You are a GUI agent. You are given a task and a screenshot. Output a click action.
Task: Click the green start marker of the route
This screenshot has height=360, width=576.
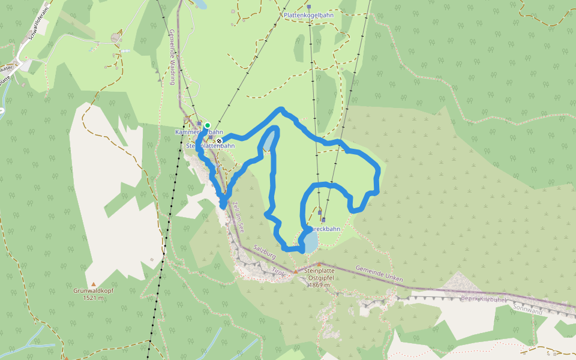pos(208,125)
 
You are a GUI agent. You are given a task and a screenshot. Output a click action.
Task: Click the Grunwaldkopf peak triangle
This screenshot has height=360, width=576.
pos(94,284)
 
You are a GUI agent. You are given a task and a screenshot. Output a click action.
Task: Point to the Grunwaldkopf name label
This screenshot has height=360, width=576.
pos(94,291)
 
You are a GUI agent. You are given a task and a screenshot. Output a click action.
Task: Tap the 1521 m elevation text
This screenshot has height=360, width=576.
pos(94,298)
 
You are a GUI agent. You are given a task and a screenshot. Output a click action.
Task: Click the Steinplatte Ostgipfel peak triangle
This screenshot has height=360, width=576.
pos(319,264)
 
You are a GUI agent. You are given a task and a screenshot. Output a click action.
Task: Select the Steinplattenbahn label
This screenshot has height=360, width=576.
pos(211,146)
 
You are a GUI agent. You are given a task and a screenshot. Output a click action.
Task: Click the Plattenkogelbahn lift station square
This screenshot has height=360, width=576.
pos(310,22)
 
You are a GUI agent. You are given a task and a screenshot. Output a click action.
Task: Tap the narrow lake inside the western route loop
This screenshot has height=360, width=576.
pos(271,140)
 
